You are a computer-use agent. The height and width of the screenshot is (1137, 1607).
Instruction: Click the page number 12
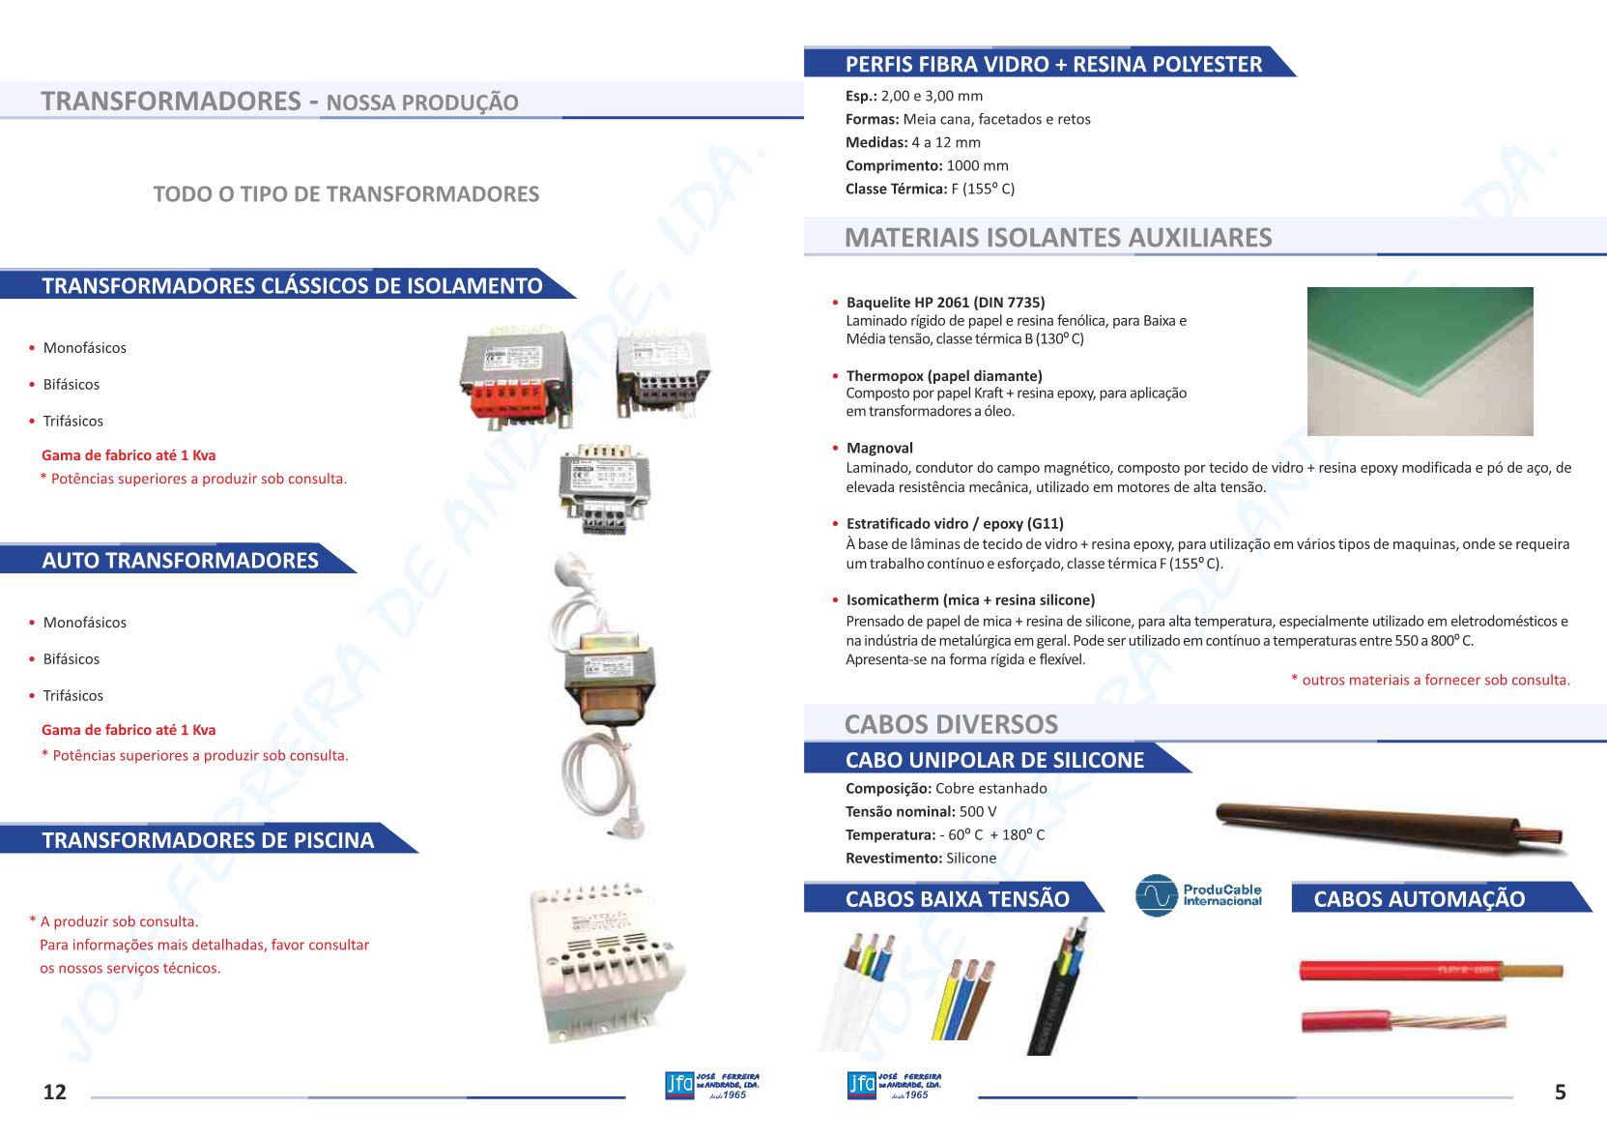[55, 1092]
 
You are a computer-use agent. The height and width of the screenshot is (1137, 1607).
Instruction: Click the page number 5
[1560, 1092]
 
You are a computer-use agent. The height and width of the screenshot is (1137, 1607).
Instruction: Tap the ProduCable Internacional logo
[1199, 895]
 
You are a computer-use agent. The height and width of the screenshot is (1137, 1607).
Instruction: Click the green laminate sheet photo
[1420, 361]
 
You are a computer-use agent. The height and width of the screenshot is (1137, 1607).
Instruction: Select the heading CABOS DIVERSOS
[951, 724]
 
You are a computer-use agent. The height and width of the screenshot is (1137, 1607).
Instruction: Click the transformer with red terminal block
[515, 375]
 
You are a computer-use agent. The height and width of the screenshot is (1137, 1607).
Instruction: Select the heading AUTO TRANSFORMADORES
[180, 561]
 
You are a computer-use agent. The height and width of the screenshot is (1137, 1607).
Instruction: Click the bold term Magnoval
[879, 448]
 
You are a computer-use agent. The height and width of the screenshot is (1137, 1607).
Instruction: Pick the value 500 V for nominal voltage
[978, 811]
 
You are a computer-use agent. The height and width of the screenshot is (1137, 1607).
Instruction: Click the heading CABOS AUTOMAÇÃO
[1419, 899]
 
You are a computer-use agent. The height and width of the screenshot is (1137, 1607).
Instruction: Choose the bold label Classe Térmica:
[896, 189]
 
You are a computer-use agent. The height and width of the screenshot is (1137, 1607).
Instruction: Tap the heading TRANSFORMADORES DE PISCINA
[208, 840]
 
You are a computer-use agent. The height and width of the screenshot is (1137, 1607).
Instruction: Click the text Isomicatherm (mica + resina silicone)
[970, 599]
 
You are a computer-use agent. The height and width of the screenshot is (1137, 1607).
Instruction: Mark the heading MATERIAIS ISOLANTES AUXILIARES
[1058, 238]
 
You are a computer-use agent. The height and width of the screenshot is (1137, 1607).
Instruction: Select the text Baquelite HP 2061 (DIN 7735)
[945, 303]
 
